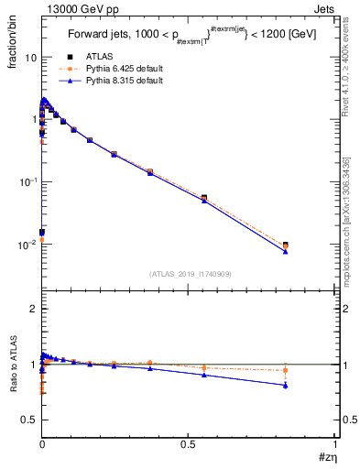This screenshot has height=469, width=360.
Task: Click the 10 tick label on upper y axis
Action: tap(29, 57)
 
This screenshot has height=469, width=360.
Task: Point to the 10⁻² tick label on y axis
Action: tap(27, 245)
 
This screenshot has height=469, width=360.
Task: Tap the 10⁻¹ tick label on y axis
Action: tap(27, 182)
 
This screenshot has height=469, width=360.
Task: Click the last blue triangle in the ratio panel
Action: tap(286, 385)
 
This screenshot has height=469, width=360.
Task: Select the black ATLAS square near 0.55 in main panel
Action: tap(203, 197)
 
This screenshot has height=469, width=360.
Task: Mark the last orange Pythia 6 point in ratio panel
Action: tap(286, 370)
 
